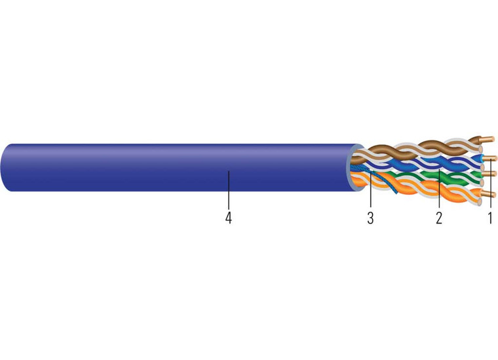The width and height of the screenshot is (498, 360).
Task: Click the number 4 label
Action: tap(228, 218)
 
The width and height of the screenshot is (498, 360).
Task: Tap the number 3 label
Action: tap(370, 218)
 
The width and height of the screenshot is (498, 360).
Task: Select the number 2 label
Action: tap(439, 218)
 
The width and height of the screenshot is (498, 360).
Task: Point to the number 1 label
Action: tap(489, 218)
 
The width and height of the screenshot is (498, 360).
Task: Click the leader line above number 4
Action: tap(228, 190)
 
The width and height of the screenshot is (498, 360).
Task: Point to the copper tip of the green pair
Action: tap(489, 174)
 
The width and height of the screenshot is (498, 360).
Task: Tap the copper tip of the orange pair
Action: tap(488, 194)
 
